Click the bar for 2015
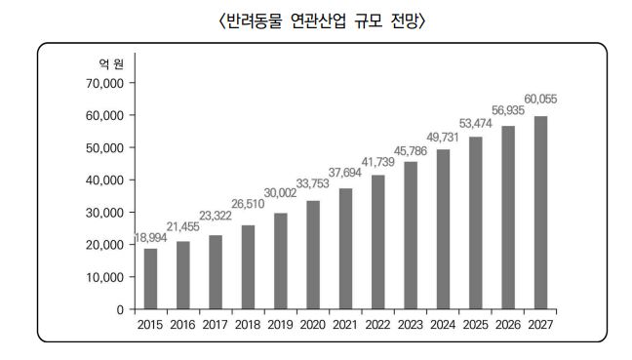pos(151,279)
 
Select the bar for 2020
pos(313,255)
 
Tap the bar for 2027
pos(540,213)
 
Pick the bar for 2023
pos(411,235)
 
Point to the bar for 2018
pos(249,266)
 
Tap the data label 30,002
pos(282,193)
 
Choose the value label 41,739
pos(379,162)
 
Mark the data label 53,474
pos(477,124)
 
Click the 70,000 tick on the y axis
pos(99,83)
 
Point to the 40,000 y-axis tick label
pos(99,180)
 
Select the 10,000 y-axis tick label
pos(99,277)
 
